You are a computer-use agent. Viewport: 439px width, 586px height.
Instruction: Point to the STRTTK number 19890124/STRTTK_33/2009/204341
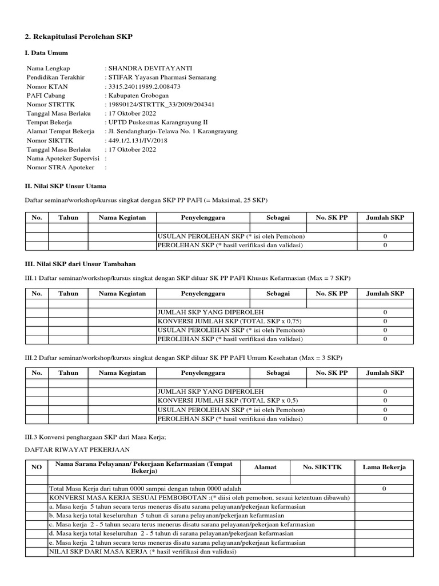click(x=160, y=105)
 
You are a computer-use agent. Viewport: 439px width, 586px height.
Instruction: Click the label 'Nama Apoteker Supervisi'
click(x=63, y=159)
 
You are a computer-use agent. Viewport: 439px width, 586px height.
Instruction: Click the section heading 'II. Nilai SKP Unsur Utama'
click(x=66, y=186)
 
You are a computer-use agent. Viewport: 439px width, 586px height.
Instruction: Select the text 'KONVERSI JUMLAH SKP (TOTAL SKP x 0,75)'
click(x=228, y=321)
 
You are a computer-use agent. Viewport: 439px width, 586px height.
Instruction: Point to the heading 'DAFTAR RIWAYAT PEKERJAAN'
click(x=77, y=449)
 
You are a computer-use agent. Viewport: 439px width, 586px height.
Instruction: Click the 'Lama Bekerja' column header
click(x=384, y=467)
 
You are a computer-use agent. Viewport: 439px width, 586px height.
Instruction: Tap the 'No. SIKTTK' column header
click(x=322, y=467)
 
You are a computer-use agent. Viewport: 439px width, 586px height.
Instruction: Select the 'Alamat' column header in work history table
click(x=265, y=467)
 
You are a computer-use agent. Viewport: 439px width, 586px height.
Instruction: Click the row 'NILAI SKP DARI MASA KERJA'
click(x=143, y=552)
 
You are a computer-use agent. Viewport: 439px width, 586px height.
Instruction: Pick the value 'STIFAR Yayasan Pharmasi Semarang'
click(x=160, y=77)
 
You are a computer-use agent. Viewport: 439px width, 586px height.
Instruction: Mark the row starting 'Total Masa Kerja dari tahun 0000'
click(x=145, y=489)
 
